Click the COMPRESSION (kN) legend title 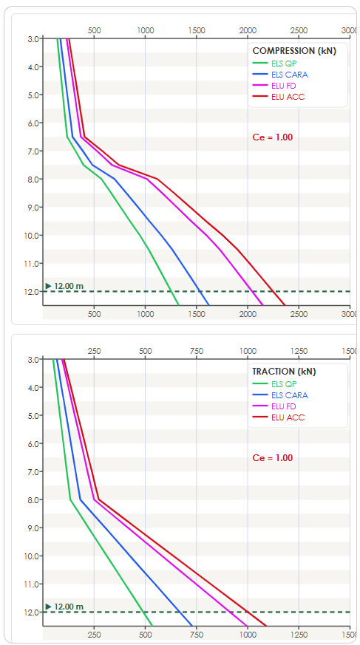[x=294, y=51]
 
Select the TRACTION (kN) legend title [x=284, y=372]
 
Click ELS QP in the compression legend [x=284, y=64]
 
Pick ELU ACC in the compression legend [x=288, y=97]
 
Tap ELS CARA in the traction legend [x=290, y=395]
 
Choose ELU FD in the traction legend [x=283, y=407]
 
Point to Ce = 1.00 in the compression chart [x=272, y=137]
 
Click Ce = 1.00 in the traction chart [x=272, y=458]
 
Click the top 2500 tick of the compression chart [x=299, y=30]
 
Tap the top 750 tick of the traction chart [x=196, y=351]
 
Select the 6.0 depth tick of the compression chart [x=33, y=123]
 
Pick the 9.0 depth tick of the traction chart [x=33, y=528]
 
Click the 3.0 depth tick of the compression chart [x=33, y=39]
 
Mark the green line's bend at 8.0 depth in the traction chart [x=70, y=499]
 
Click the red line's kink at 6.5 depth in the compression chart [x=84, y=137]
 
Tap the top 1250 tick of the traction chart [x=299, y=351]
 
